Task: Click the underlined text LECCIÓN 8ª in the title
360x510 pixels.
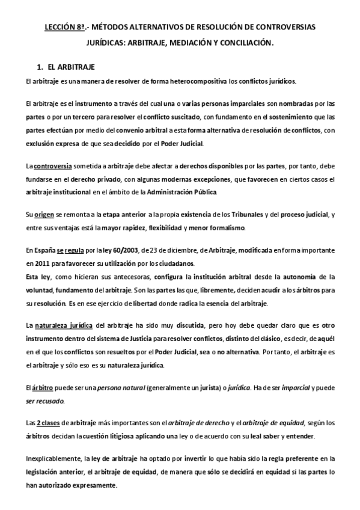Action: click(x=65, y=28)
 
